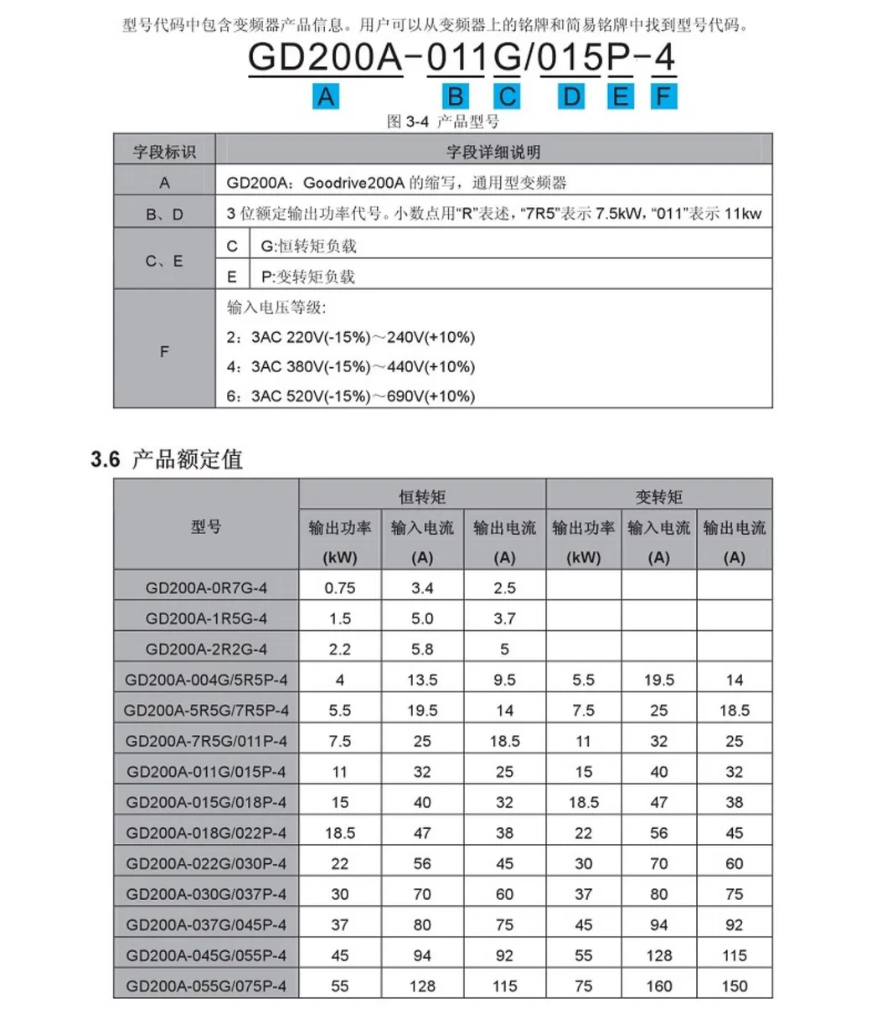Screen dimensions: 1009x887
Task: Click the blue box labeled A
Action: coord(325,97)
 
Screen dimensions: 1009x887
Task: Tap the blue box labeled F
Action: coord(663,97)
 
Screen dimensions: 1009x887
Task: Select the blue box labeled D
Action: coord(571,97)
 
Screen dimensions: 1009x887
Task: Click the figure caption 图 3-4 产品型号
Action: coord(443,122)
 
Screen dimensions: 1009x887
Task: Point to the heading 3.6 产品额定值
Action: coord(167,459)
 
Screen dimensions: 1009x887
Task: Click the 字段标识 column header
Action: coord(164,152)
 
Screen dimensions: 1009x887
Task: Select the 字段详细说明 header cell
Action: coord(493,152)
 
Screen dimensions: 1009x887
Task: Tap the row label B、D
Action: coord(164,214)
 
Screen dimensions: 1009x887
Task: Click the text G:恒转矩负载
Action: coord(308,246)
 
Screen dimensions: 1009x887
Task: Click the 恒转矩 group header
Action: coord(422,497)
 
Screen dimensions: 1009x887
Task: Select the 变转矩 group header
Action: coord(658,497)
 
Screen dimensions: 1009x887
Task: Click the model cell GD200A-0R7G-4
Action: coord(206,588)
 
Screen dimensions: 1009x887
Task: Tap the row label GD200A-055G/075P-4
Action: coord(206,986)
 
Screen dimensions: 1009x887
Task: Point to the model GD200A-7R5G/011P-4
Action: coord(206,742)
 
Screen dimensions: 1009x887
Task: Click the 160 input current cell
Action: coord(658,986)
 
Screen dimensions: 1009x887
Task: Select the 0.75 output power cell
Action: coord(340,588)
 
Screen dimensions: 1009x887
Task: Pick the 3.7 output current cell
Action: coord(504,618)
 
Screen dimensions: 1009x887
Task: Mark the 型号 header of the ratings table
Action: coord(206,527)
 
